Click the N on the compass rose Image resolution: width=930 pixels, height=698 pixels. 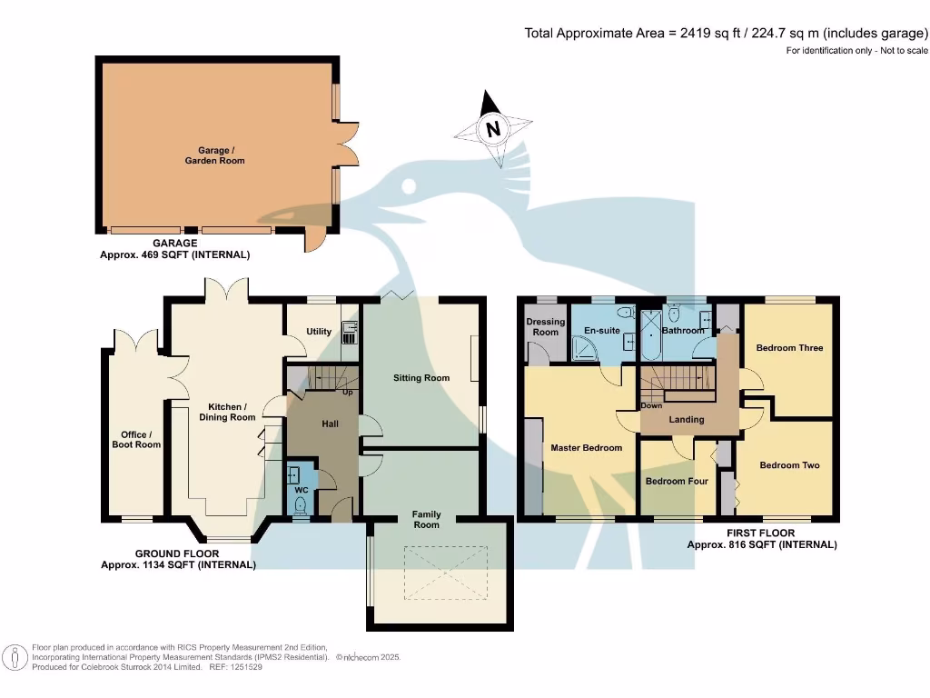493,129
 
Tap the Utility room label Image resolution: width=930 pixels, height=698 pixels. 319,331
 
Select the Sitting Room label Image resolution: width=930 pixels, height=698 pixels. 421,377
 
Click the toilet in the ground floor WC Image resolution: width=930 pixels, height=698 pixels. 301,505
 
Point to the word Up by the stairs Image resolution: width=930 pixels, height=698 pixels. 348,393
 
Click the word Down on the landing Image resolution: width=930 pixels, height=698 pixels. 651,405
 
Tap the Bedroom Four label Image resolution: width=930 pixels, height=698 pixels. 677,481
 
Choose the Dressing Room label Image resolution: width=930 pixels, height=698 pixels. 546,327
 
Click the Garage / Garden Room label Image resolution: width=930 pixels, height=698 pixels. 214,155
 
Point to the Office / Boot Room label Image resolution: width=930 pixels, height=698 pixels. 136,439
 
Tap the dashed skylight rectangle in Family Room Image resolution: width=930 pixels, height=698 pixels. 446,573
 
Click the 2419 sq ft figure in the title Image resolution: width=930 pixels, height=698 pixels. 710,34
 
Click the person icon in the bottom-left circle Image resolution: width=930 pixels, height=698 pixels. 15,658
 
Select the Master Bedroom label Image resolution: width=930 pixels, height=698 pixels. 586,447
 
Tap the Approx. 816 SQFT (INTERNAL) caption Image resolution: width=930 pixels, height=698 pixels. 762,544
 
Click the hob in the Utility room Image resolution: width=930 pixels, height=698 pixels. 350,338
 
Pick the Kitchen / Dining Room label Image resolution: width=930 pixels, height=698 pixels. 227,412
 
